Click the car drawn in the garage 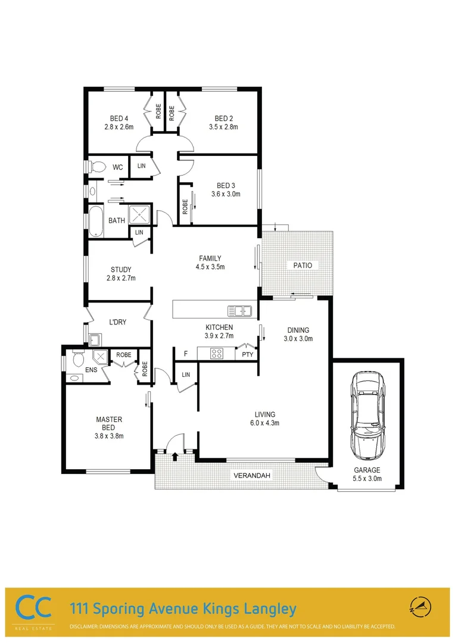(x=367, y=416)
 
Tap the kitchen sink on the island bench (x=239, y=310)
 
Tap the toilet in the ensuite (x=77, y=360)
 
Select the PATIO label (x=301, y=265)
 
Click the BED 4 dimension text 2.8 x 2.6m (x=119, y=127)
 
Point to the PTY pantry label (x=247, y=354)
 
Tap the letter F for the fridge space (x=186, y=354)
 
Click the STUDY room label (x=121, y=270)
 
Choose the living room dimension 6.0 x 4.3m (x=264, y=423)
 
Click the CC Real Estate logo (x=34, y=609)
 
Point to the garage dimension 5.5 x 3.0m (x=367, y=478)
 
